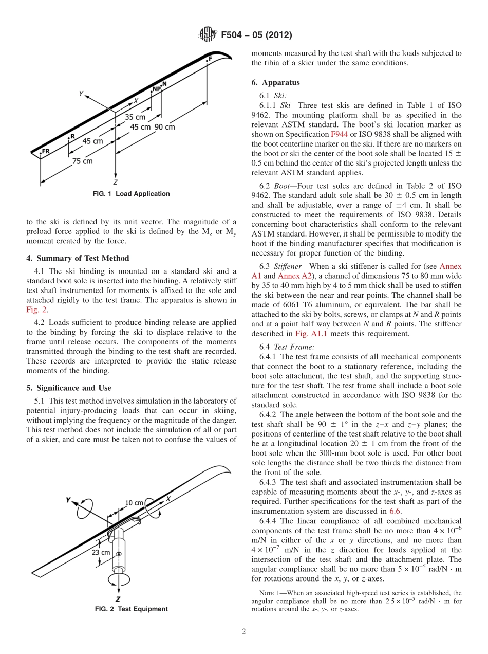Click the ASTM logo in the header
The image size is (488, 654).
(x=208, y=35)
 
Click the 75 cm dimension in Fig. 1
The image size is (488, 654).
(x=82, y=161)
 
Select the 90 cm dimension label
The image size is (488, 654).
(x=164, y=127)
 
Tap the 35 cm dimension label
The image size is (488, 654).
(x=135, y=117)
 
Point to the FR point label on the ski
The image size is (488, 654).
(x=46, y=151)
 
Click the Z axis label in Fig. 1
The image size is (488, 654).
(x=116, y=182)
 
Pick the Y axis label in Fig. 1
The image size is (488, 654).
(x=81, y=94)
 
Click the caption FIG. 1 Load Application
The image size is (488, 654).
(x=131, y=194)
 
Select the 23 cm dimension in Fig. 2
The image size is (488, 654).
(x=101, y=552)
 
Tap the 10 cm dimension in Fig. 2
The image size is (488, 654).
(x=134, y=503)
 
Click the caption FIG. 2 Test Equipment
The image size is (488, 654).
(x=131, y=609)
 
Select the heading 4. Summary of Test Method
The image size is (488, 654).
(x=78, y=258)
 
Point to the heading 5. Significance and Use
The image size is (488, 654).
(x=69, y=388)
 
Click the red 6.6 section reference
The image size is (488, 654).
(x=395, y=511)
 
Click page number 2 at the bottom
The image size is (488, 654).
(x=244, y=632)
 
